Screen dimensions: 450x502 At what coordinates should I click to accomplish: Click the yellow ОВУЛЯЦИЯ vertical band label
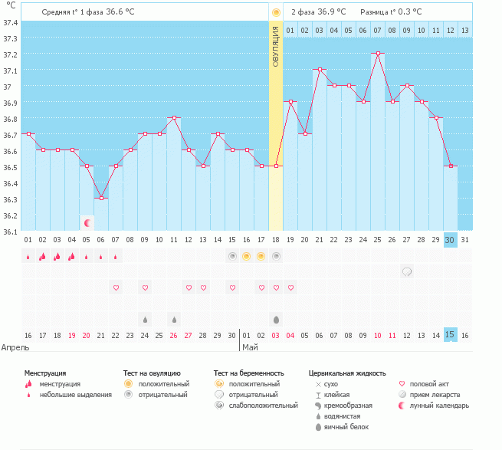coord(276,46)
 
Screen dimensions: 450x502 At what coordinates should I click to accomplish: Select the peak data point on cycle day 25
coord(378,54)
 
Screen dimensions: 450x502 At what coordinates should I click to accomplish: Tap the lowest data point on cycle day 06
coord(101,198)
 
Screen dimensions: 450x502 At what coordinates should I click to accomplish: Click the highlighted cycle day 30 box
coord(451,239)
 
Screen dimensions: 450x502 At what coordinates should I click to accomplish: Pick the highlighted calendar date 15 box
coord(451,335)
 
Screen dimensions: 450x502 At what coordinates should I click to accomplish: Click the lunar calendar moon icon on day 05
coord(87,222)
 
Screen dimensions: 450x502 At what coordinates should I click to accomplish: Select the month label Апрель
coord(16,347)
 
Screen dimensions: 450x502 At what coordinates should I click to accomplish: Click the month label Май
coord(251,347)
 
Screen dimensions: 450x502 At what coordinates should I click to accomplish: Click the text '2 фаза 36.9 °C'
coord(318,12)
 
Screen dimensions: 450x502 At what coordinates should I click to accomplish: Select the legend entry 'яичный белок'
coord(347,426)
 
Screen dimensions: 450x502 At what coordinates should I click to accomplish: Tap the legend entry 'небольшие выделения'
coord(74,395)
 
